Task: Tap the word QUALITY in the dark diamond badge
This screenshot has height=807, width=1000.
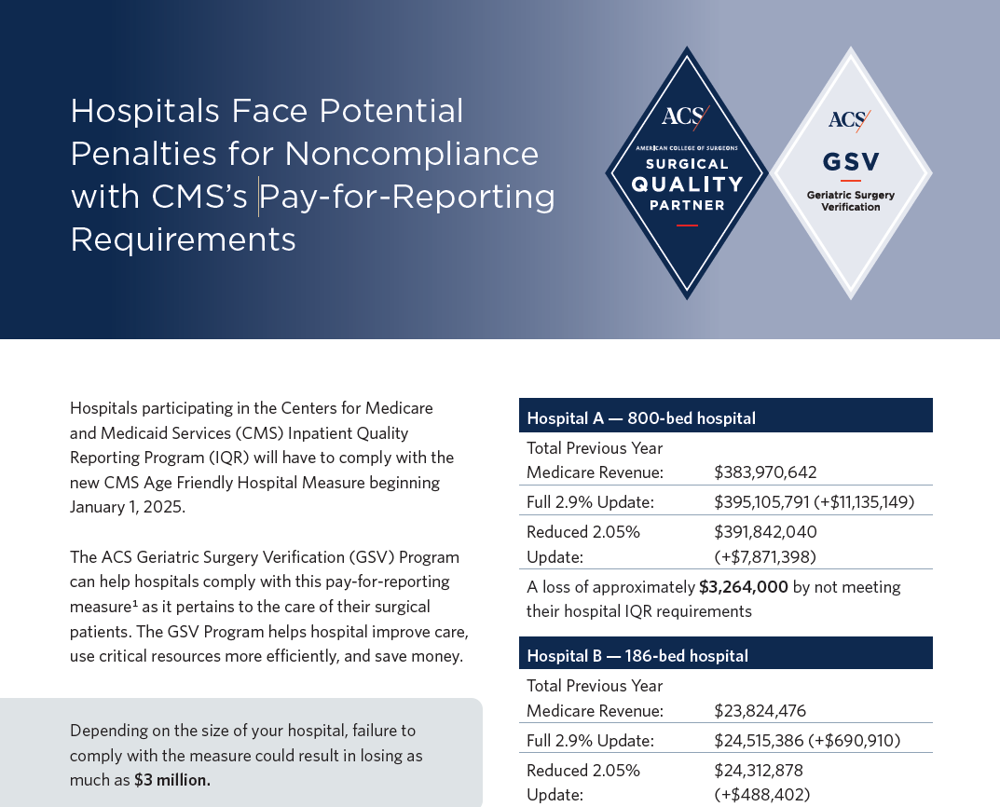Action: tap(687, 184)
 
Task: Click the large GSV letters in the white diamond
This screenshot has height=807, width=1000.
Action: tap(851, 162)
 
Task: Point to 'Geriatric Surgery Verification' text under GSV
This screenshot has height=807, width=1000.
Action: tap(851, 200)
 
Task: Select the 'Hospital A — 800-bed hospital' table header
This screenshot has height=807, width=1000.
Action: tap(641, 418)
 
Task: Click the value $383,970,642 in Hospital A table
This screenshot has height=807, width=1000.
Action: tap(765, 472)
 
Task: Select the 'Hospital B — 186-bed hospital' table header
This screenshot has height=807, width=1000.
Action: tap(637, 656)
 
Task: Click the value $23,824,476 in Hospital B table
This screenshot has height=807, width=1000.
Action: tap(760, 711)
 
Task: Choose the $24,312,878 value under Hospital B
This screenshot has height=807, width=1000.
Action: tap(759, 771)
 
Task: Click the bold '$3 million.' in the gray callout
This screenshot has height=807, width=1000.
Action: tap(171, 780)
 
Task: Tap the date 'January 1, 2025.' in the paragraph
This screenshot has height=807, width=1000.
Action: tap(128, 507)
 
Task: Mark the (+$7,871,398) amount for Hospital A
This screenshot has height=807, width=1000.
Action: tap(765, 557)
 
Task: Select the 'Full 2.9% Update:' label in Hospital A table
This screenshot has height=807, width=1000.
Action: tap(590, 502)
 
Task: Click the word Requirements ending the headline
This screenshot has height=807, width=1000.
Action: tap(184, 239)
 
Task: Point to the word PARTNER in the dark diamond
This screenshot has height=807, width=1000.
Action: tap(687, 205)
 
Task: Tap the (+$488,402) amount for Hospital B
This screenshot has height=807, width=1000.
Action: tap(761, 795)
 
